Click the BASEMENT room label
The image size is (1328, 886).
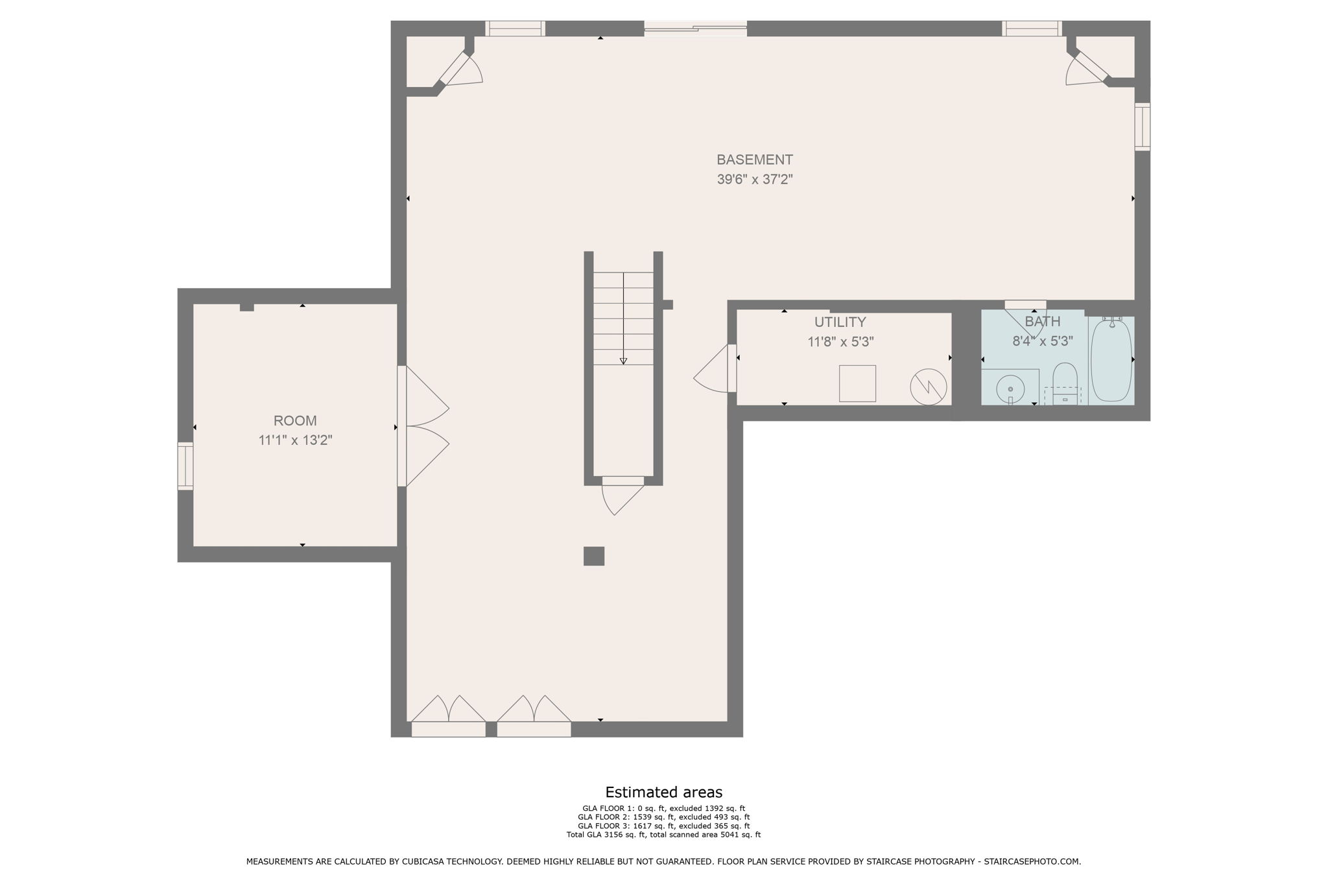[x=754, y=160]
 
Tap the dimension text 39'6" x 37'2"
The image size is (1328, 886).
[x=754, y=180]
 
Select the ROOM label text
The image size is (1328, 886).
[x=295, y=420]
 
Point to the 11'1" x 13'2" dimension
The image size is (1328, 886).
[x=295, y=440]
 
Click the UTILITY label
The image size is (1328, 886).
[x=840, y=322]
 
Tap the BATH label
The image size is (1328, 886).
[x=1042, y=322]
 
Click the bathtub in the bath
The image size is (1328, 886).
[x=1111, y=361]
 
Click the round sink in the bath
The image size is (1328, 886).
[x=1010, y=389]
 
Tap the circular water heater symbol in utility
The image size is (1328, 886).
[x=928, y=388]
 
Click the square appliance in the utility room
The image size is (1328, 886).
[x=857, y=383]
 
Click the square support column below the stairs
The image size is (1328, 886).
[x=594, y=556]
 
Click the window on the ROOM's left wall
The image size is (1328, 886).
[x=185, y=466]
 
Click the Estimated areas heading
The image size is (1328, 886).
[x=663, y=792]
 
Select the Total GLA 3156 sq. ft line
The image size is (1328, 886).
[x=663, y=835]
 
